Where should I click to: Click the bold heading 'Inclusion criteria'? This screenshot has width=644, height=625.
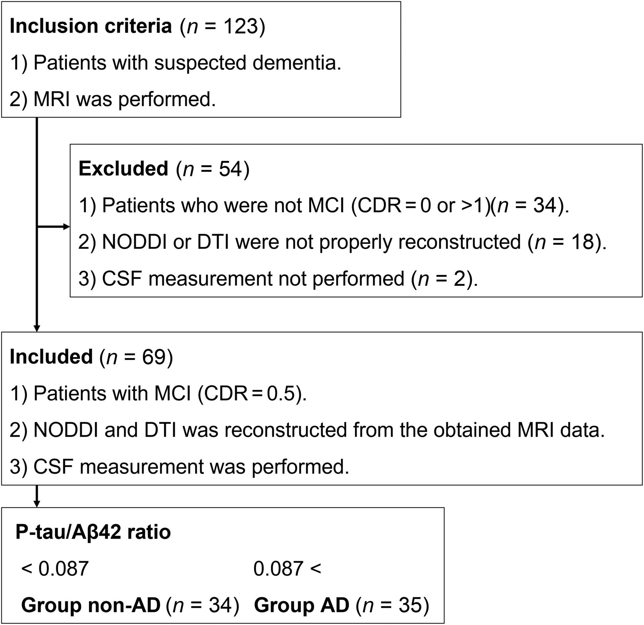click(91, 26)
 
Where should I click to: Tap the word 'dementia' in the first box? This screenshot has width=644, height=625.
click(297, 63)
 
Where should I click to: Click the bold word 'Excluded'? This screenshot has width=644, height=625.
click(123, 168)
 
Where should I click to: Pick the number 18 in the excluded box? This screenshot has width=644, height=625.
click(582, 242)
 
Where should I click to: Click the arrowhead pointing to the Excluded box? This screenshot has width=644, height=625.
click(67, 227)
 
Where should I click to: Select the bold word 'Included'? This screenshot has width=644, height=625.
click(51, 357)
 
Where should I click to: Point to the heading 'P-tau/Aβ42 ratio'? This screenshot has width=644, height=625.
click(93, 532)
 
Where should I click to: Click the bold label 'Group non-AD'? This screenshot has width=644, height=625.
click(91, 605)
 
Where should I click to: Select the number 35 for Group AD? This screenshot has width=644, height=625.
click(410, 605)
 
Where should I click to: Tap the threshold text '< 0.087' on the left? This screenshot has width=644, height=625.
click(55, 568)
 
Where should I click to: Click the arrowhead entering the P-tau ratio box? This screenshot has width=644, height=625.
click(36, 504)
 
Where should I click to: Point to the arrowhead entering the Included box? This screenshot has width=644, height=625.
click(36, 329)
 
